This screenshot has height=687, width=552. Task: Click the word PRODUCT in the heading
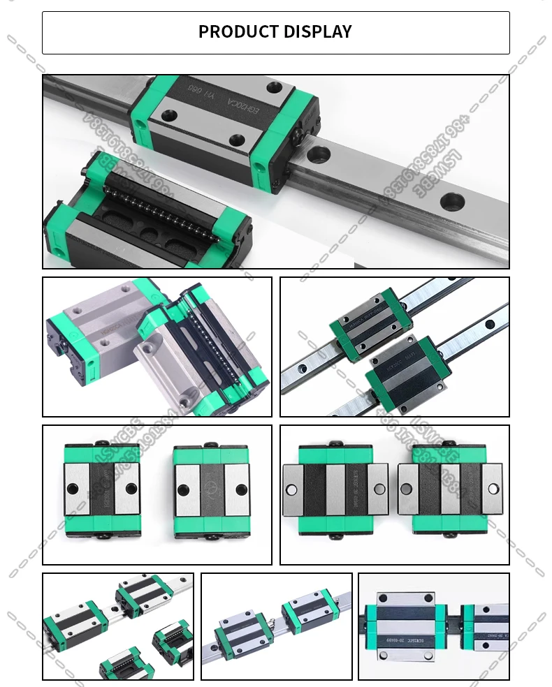[x=238, y=32]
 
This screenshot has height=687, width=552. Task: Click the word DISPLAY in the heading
[x=318, y=32]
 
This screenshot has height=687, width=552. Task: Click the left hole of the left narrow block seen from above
[x=75, y=489]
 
